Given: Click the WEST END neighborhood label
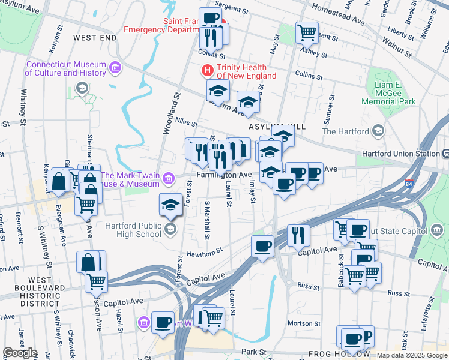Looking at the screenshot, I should (95, 38).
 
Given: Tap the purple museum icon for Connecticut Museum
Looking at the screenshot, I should (115, 68).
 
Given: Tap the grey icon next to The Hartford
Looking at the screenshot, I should (378, 131).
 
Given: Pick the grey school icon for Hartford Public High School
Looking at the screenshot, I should (171, 229).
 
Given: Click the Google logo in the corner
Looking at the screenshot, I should (20, 353).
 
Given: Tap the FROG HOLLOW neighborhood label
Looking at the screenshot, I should (334, 354).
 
